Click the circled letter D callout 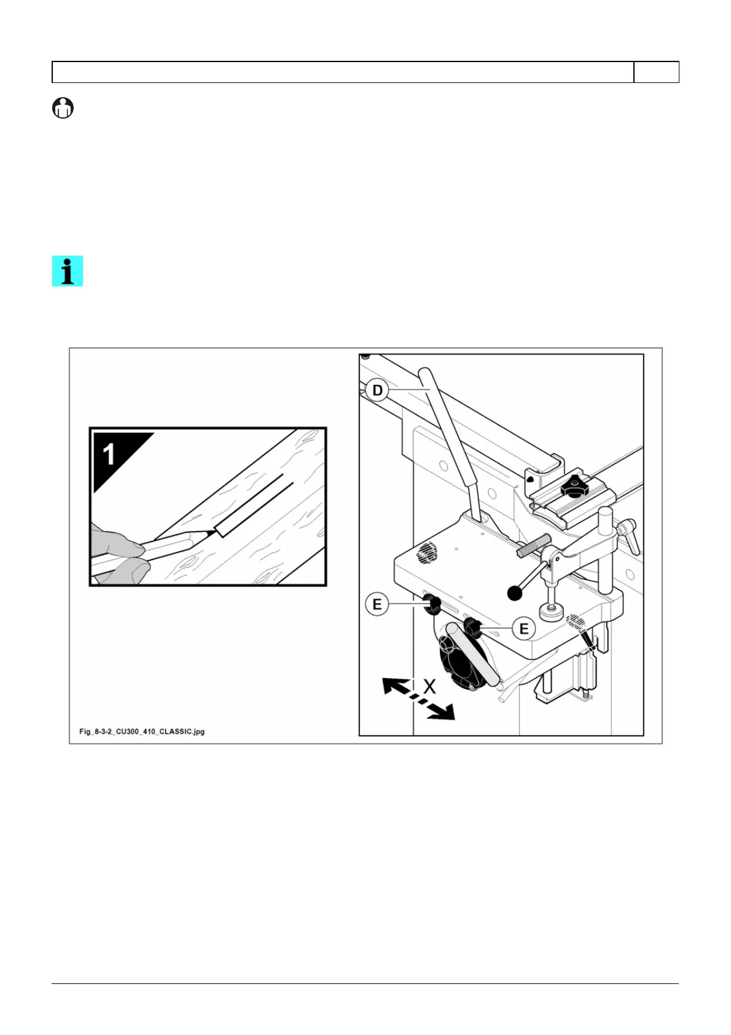(x=377, y=390)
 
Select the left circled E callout (x=377, y=604)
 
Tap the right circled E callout (x=523, y=629)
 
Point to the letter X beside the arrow (x=429, y=687)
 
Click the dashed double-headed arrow (x=418, y=698)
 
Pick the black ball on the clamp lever (x=515, y=592)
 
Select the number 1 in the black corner (x=109, y=454)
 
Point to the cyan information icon (x=68, y=271)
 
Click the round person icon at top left (x=63, y=108)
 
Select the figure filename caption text (x=142, y=731)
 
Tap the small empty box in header (x=656, y=72)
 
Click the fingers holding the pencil (x=120, y=553)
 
